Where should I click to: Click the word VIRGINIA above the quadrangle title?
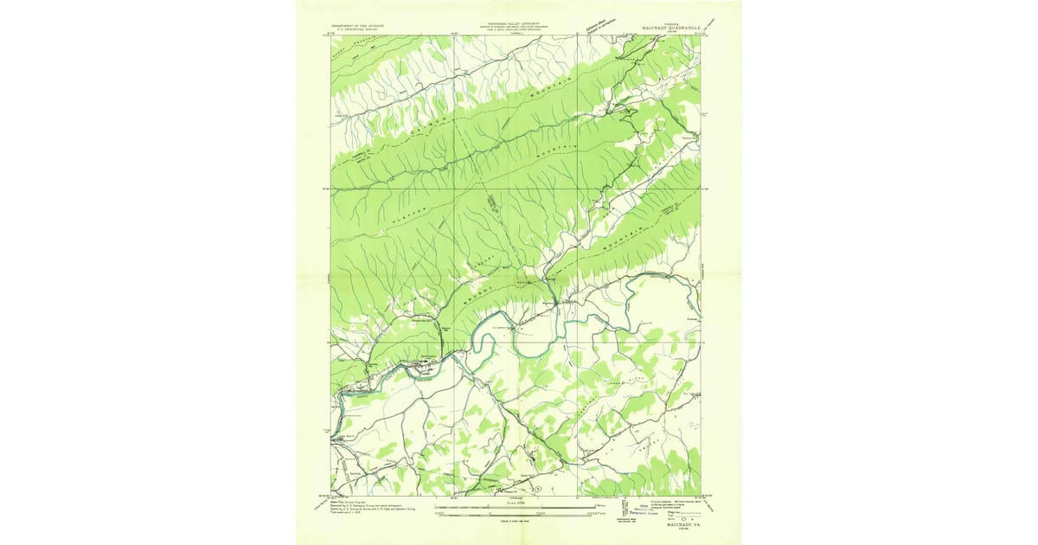click(x=664, y=23)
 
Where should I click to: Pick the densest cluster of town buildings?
click(x=426, y=364)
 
